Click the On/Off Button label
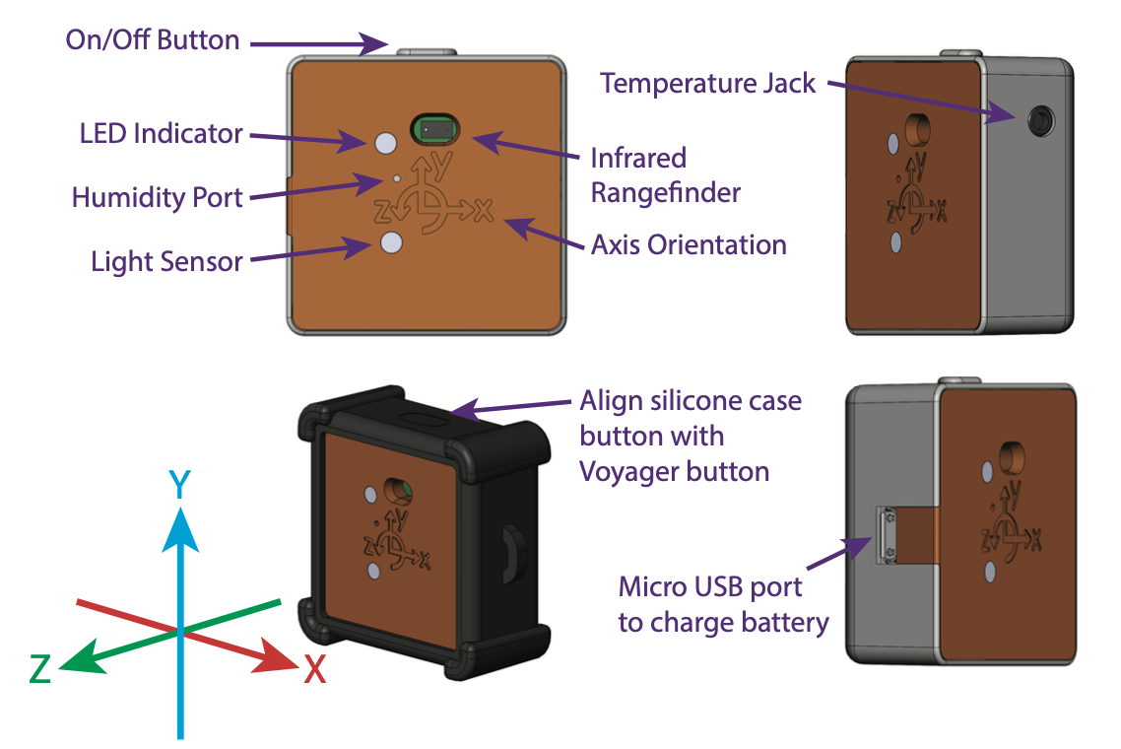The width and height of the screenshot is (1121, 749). point(152,40)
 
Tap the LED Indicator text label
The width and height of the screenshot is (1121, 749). point(161,133)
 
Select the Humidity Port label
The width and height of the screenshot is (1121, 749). point(157,197)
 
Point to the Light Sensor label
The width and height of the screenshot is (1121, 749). point(166,261)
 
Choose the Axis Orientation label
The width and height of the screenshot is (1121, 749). point(688,244)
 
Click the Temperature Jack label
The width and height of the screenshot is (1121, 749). point(707,83)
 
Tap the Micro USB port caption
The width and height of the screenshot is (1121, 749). point(723,605)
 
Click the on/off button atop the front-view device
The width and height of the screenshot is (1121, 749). point(426,49)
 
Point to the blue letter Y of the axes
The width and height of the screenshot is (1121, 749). point(179,484)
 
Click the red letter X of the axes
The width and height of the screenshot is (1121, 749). point(314,670)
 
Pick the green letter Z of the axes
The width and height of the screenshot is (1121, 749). point(40,670)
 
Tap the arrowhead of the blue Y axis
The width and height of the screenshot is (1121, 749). point(179,528)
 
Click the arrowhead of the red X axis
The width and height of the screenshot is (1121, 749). point(280,656)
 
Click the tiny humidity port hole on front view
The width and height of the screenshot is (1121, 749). point(396,179)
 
